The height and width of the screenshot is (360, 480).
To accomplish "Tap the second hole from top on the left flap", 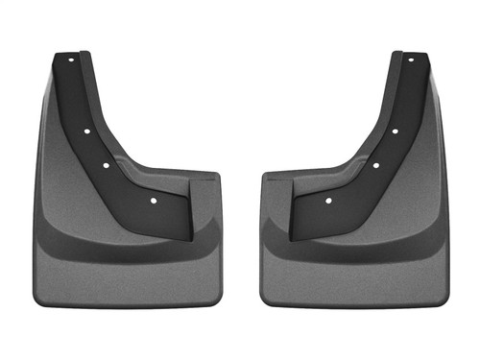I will [x=85, y=131].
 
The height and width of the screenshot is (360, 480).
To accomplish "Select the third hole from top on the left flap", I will [x=106, y=165].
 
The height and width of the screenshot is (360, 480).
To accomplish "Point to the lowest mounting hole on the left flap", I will [x=153, y=201].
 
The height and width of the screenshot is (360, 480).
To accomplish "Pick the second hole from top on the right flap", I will [x=395, y=131].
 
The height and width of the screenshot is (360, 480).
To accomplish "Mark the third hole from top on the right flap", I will [x=375, y=165].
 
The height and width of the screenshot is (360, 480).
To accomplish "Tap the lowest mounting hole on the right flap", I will [x=328, y=201].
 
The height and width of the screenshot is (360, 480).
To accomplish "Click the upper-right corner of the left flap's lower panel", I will [x=217, y=176].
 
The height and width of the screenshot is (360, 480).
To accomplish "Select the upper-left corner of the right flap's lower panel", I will [x=264, y=176].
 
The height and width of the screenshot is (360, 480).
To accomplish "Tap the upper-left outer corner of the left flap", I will [x=51, y=75].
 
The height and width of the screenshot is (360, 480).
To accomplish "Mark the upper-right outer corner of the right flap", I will [x=430, y=75].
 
